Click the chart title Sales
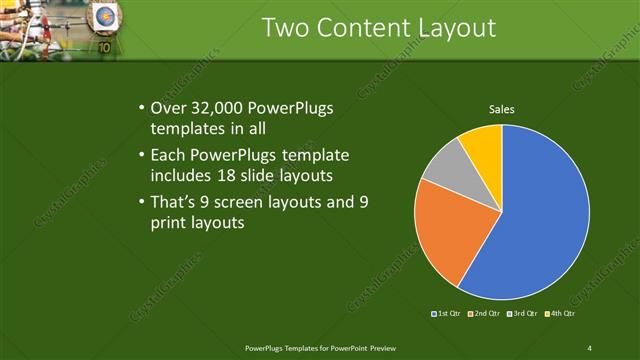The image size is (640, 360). tap(501, 109)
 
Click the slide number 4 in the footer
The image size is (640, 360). tap(589, 347)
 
